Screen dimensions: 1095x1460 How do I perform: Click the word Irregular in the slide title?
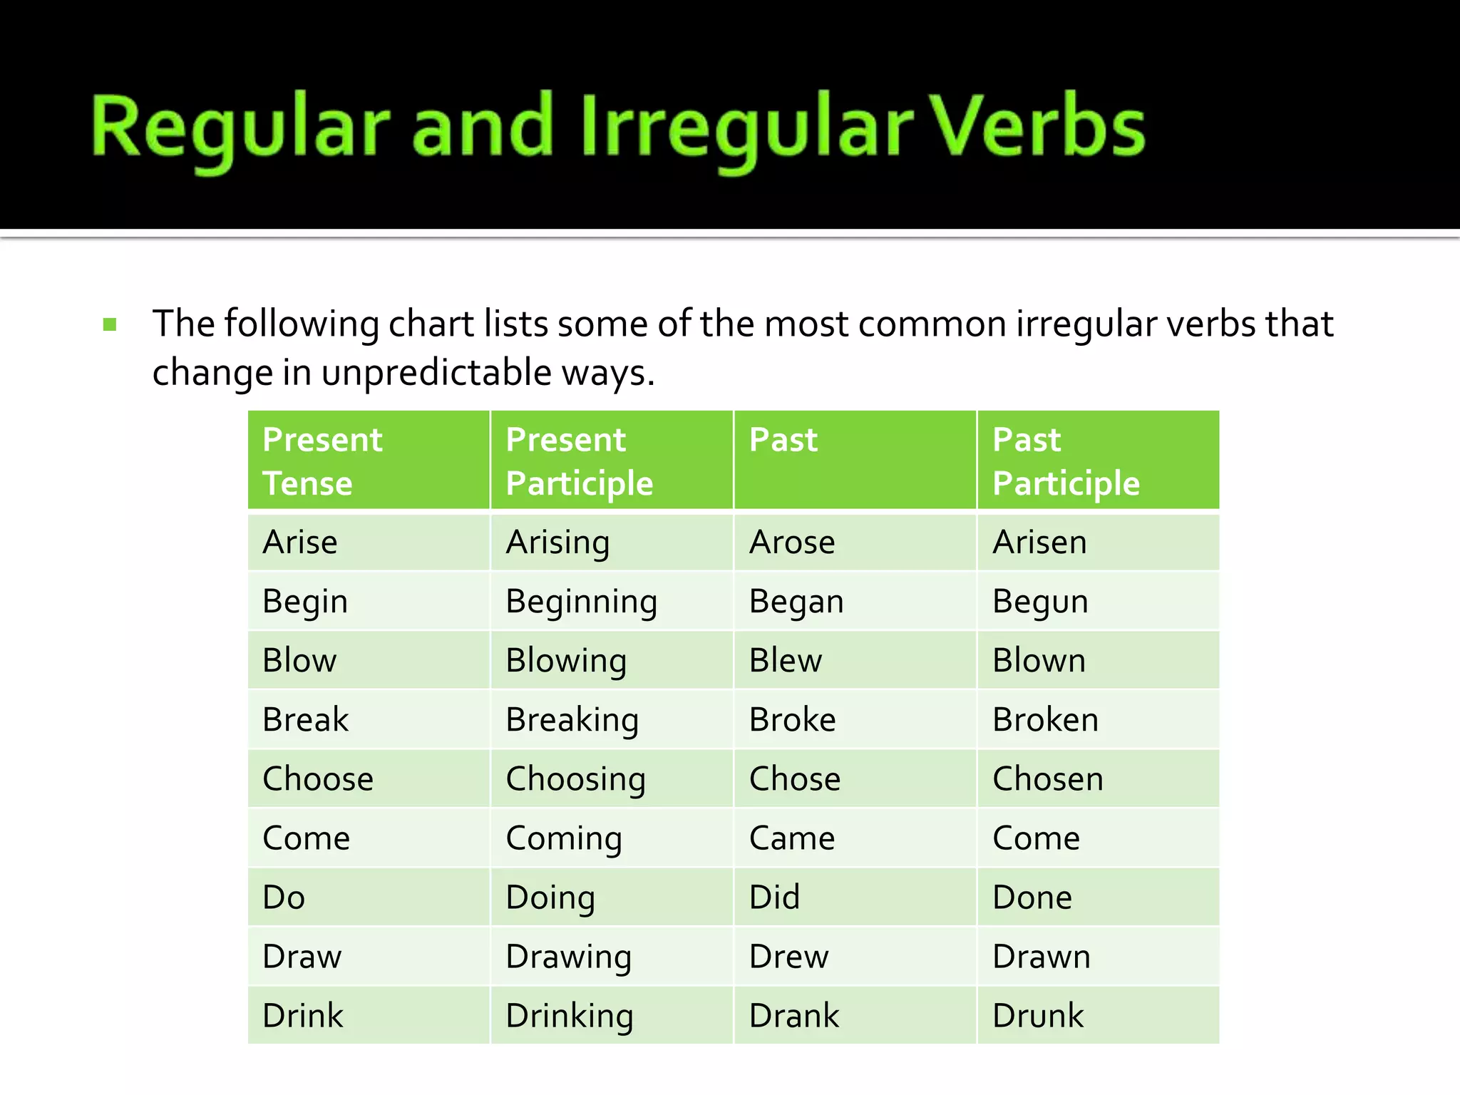click(746, 128)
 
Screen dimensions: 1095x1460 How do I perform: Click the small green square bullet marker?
click(110, 325)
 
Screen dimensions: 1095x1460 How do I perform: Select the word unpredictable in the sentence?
click(436, 372)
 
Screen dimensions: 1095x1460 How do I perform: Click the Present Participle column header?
click(579, 461)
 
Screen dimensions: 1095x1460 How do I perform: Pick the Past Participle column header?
click(1066, 461)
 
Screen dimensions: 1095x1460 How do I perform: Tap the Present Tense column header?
click(322, 461)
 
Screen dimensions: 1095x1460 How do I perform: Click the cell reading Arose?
click(792, 543)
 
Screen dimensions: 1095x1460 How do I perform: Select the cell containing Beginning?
click(581, 602)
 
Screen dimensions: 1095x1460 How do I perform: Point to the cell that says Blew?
click(785, 661)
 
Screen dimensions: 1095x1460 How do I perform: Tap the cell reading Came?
click(791, 838)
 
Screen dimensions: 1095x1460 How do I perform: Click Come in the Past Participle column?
click(1036, 838)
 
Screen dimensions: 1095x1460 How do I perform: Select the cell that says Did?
click(774, 898)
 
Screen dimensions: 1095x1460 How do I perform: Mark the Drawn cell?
click(1041, 957)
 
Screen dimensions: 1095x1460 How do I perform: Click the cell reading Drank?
click(793, 1016)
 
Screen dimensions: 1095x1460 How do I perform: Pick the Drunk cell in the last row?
click(1037, 1016)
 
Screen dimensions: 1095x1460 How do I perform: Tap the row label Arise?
click(299, 543)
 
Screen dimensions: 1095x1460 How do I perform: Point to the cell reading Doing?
click(550, 898)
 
